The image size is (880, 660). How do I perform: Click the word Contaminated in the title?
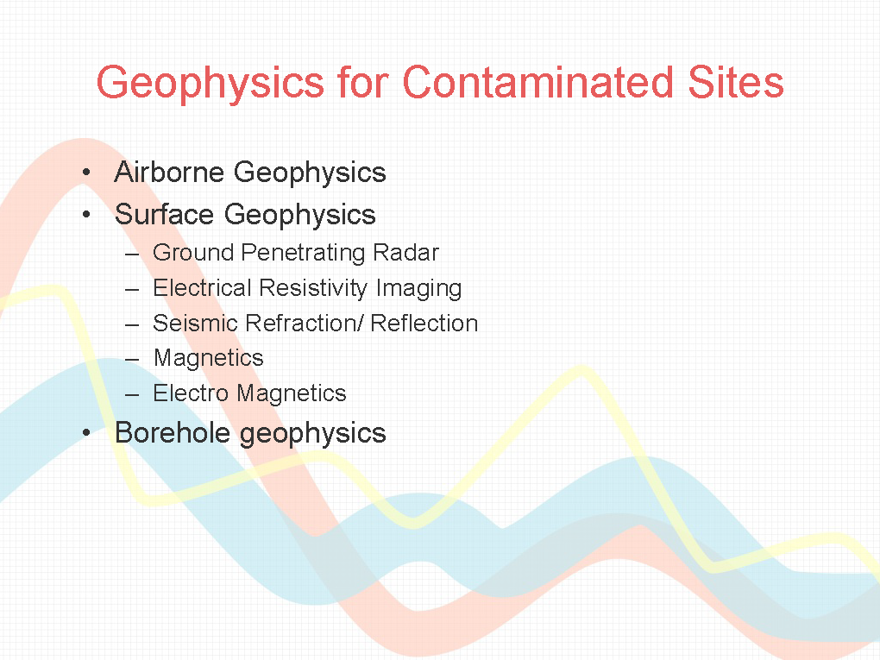point(537,82)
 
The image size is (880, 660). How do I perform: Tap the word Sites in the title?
point(735,82)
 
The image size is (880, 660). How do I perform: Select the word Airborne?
point(169,172)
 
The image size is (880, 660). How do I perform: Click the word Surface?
point(164,214)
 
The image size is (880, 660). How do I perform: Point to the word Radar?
point(405,253)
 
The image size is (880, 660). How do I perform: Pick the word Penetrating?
point(303,254)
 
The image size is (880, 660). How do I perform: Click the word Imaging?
point(418,289)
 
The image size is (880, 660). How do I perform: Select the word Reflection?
point(424,324)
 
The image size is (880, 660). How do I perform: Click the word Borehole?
point(173,433)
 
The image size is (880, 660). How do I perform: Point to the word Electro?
point(191,393)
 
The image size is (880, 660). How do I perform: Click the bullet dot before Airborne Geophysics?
point(86,172)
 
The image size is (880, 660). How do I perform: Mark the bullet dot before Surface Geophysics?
point(86,214)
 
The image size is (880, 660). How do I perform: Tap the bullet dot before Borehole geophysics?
point(86,433)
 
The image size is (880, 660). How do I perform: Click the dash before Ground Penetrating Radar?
point(132,255)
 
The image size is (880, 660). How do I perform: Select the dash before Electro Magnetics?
point(132,395)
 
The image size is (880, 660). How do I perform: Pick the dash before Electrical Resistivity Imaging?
point(132,290)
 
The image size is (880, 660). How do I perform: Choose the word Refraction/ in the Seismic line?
point(305,324)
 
